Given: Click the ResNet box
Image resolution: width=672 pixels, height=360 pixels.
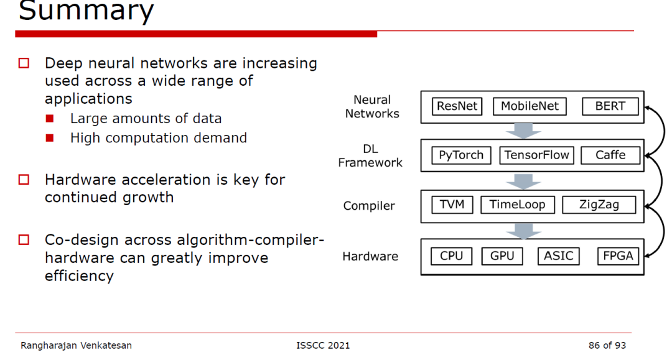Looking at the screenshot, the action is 457,106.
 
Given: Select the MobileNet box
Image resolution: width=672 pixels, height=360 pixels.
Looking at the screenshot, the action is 530,106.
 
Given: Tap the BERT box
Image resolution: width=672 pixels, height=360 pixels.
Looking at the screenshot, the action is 610,106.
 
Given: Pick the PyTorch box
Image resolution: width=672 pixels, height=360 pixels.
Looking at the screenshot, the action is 461,155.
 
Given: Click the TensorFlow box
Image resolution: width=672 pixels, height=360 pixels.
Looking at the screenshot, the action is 536,155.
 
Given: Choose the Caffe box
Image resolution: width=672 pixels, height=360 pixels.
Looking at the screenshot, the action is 610,155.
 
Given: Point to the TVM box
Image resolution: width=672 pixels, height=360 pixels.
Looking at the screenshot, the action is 452,205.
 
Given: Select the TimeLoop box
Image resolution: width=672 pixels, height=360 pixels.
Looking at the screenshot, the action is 517,205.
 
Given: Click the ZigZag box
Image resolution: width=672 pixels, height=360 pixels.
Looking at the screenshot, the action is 599,205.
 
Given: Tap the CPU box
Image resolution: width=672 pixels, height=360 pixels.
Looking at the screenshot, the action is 451,256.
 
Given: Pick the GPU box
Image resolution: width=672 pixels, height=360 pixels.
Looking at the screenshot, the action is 502,256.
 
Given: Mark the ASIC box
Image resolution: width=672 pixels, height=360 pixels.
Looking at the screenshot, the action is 558,256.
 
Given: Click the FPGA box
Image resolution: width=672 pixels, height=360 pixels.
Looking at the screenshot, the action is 618,256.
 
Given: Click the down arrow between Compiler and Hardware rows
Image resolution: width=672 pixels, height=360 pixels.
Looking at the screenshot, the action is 523,231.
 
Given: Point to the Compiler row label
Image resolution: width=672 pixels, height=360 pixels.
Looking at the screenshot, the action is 368,206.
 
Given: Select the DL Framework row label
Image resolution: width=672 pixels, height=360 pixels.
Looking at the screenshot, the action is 370,156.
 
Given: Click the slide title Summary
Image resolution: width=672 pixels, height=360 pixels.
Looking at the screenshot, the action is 86,11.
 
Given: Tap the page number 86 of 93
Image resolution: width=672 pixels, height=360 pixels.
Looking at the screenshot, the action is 607,346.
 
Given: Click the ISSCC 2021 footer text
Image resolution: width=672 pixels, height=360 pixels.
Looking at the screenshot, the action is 323,346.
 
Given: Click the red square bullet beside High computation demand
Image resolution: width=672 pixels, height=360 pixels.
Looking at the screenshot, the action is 50,138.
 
